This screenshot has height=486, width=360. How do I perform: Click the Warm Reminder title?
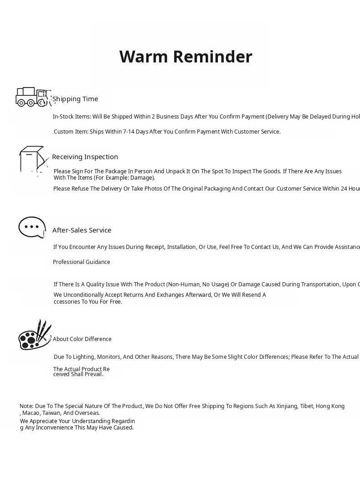point(185,57)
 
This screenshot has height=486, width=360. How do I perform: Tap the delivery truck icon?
point(31,97)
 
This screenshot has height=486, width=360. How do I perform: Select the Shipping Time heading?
point(75,99)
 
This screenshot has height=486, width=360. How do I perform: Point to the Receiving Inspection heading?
point(85,157)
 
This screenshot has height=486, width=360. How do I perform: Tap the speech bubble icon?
point(32,227)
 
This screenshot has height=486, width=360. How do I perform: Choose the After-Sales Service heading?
point(82,230)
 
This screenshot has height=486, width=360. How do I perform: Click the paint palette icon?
point(34,336)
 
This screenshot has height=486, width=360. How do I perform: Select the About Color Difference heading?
point(82,339)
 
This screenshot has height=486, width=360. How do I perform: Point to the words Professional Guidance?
point(82,262)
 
